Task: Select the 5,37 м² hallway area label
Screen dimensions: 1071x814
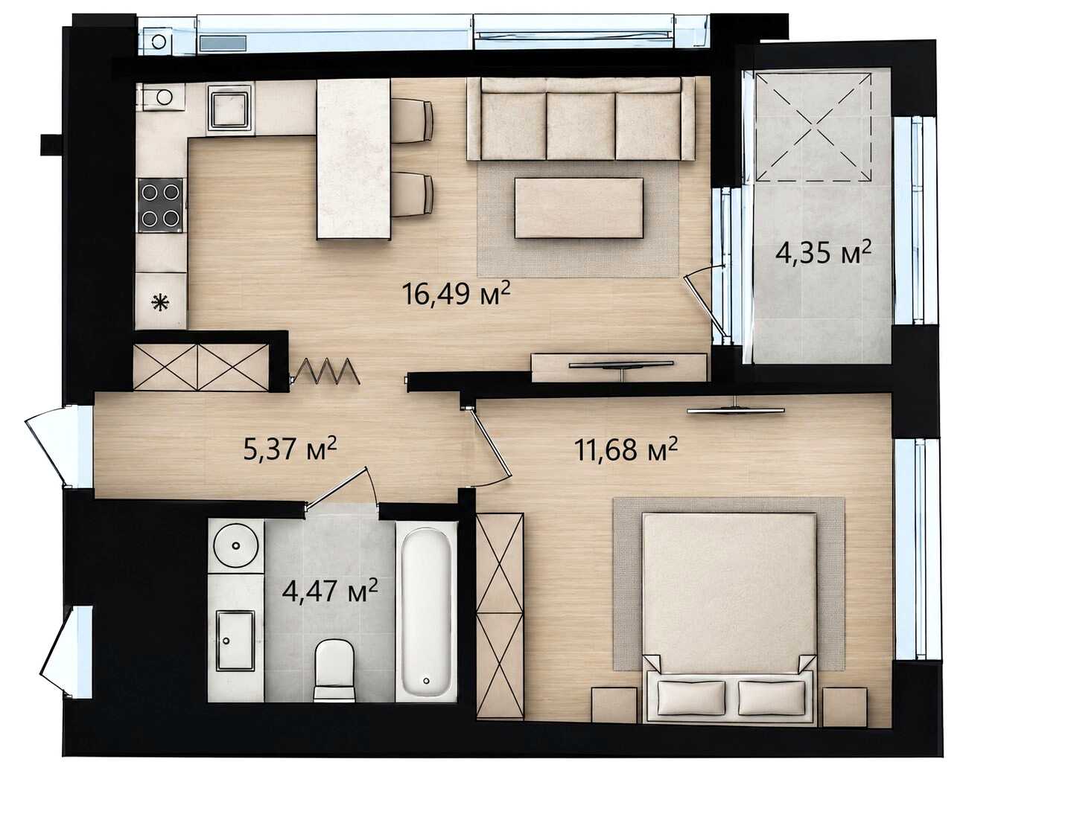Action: (x=290, y=448)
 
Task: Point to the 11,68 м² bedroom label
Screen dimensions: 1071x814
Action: (x=626, y=449)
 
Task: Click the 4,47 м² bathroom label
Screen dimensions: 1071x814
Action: (x=330, y=591)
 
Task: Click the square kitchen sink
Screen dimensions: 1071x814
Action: (x=230, y=108)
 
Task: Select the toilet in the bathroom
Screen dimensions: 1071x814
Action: (x=334, y=670)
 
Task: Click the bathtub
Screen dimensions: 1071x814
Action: (x=427, y=612)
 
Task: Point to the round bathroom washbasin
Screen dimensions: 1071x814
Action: (x=236, y=545)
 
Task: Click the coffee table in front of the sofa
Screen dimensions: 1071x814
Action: (x=579, y=208)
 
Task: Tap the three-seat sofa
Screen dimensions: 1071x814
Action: (x=581, y=119)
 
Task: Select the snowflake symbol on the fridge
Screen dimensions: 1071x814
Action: (x=160, y=303)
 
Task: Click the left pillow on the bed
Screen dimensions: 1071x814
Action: (x=691, y=698)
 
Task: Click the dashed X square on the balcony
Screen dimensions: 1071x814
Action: (x=813, y=126)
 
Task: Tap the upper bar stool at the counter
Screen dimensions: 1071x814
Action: (x=413, y=121)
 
